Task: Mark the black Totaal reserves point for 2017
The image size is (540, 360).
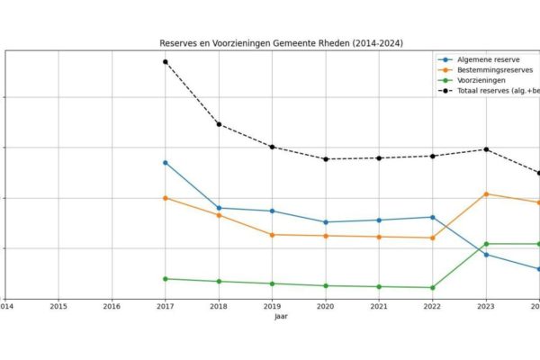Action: [x=166, y=61]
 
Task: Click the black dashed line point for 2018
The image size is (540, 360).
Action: [x=219, y=124]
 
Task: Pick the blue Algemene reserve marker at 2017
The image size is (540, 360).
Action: [x=166, y=162]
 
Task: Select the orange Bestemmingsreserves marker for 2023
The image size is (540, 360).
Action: [x=486, y=193]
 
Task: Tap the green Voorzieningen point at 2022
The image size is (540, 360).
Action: [x=433, y=288]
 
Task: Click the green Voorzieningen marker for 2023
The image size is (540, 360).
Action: [x=486, y=244]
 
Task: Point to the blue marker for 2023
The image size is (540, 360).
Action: [x=486, y=255]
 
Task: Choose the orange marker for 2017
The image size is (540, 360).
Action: [x=166, y=198]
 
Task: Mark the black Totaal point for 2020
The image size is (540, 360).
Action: [x=326, y=159]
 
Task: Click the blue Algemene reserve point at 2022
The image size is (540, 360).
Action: [x=433, y=217]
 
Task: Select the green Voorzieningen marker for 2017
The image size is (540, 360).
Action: [x=166, y=279]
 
